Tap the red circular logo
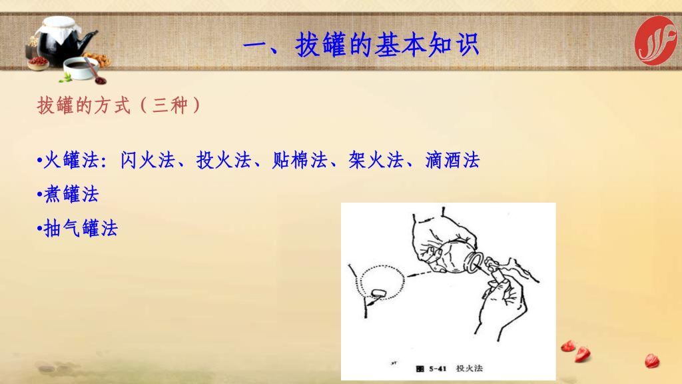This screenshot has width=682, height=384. pyautogui.click(x=655, y=41)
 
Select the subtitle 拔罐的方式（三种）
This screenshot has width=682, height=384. pyautogui.click(x=119, y=105)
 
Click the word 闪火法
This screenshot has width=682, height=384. pyautogui.click(x=148, y=160)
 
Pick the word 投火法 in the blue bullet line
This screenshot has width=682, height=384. pyautogui.click(x=224, y=160)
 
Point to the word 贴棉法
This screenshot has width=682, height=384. pyautogui.click(x=300, y=160)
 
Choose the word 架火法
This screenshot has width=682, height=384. pyautogui.click(x=376, y=160)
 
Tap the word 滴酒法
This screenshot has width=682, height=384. pyautogui.click(x=452, y=160)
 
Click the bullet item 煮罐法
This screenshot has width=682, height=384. pyautogui.click(x=69, y=194)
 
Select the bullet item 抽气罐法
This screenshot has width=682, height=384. pyautogui.click(x=77, y=228)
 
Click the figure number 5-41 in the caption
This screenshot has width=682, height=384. pyautogui.click(x=438, y=369)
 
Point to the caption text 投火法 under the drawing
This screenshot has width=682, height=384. pyautogui.click(x=470, y=368)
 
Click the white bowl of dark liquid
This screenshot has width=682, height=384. pyautogui.click(x=81, y=68)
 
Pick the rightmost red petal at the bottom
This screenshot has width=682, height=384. pyautogui.click(x=652, y=361)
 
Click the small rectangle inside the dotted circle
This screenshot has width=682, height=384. pyautogui.click(x=380, y=293)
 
